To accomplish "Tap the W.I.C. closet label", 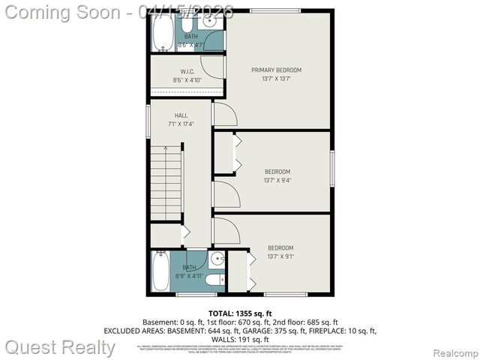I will (x=187, y=72).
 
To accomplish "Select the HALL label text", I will (x=181, y=115).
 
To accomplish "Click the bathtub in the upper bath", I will (x=163, y=30).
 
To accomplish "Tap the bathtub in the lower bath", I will (x=161, y=271).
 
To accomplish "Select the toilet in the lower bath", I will (x=213, y=280).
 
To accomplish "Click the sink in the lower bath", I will (x=216, y=260).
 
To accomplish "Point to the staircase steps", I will (x=166, y=184).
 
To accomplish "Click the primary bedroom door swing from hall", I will (x=225, y=115).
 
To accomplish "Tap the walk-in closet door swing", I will (x=213, y=67).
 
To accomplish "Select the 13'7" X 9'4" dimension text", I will (x=277, y=180).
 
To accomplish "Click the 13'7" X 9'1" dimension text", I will (x=280, y=256).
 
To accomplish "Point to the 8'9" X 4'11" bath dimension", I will (x=189, y=275).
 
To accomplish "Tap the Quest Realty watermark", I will (x=60, y=347).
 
